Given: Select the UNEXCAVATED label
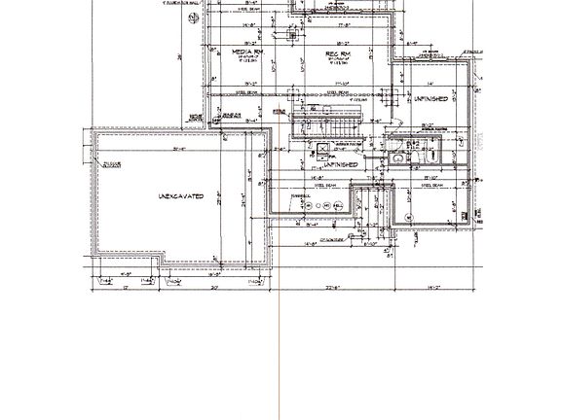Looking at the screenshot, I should pyautogui.click(x=180, y=196).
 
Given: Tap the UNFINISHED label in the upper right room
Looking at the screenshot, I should pyautogui.click(x=430, y=98).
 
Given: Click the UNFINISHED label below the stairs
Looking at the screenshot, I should pyautogui.click(x=336, y=165).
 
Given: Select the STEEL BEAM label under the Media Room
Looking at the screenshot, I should pyautogui.click(x=254, y=94).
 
